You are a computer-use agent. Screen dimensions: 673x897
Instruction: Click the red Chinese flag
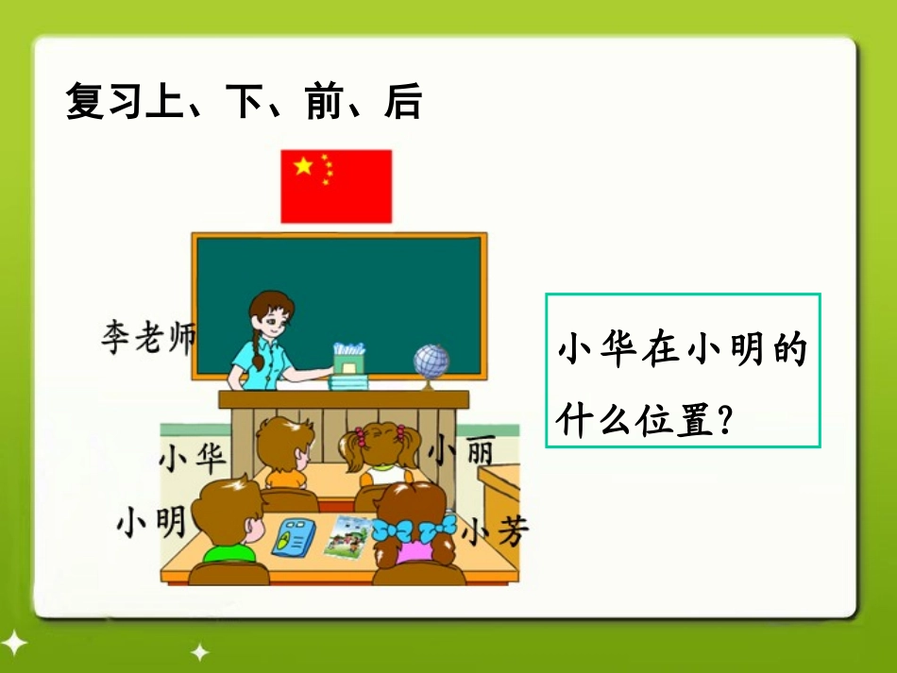point(335,186)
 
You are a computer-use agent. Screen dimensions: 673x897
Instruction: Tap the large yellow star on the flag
point(303,166)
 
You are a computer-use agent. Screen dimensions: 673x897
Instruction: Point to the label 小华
point(193,459)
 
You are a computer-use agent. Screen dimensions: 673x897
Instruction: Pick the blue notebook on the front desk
point(293,536)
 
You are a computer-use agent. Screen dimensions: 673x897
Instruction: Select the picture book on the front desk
point(347,535)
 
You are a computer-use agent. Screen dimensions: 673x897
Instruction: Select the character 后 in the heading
point(402,101)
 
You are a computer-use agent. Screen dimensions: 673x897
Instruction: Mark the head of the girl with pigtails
point(381,446)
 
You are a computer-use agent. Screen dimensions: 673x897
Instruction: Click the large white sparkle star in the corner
point(14,643)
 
